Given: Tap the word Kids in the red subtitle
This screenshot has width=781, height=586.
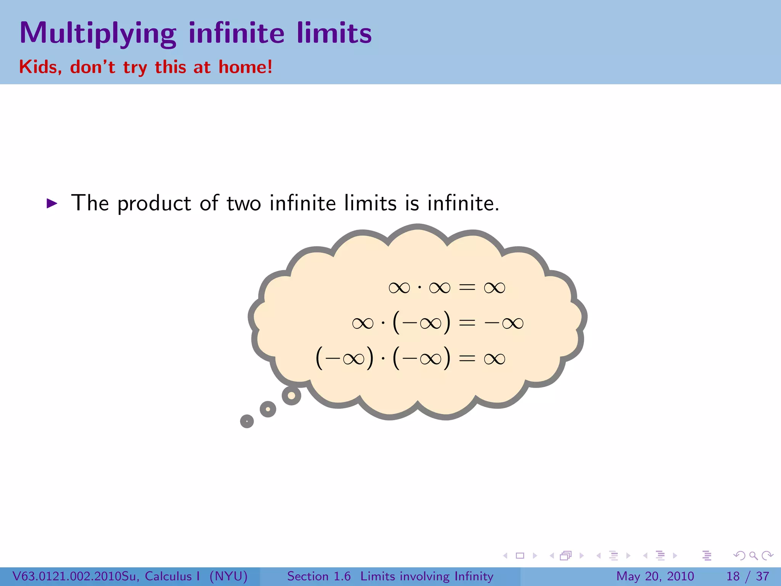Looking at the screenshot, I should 40,67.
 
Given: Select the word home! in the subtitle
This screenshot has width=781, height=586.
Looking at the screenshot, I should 245,67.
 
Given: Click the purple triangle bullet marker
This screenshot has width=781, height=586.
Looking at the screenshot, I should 51,203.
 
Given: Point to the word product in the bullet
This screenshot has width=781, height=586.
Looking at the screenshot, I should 154,203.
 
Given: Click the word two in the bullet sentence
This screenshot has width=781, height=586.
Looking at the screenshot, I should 244,203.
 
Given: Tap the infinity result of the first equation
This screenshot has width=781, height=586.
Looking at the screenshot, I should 494,288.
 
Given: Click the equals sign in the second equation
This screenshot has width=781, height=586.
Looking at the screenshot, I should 467,323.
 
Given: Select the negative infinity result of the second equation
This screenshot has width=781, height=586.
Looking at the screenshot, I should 504,323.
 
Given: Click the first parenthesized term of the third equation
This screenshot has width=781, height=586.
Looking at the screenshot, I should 344,359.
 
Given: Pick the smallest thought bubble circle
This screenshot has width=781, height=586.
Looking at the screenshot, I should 247,421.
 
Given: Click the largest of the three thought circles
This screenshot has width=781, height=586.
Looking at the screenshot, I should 291,396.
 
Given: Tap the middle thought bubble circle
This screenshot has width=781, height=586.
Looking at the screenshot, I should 268,409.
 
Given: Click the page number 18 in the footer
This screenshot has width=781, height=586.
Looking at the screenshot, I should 733,576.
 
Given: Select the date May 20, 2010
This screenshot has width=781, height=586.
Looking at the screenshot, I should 655,576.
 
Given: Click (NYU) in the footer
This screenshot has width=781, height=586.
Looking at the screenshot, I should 228,576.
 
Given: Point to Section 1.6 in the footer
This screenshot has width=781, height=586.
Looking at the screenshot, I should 319,576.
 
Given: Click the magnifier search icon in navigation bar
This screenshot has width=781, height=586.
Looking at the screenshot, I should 753,555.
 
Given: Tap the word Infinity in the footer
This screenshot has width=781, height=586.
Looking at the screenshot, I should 474,576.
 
